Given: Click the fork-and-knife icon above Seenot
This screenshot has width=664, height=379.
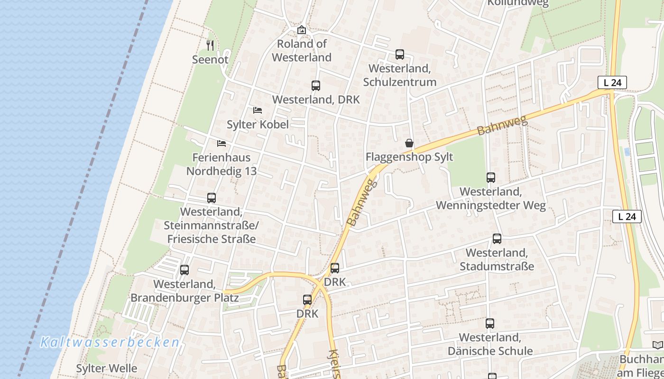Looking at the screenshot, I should tap(211, 45).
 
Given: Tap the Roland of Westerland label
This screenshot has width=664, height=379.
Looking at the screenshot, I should tap(302, 51).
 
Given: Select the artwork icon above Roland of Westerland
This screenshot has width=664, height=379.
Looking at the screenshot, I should tap(302, 30).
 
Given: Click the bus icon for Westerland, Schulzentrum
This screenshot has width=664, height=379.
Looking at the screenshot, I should tap(400, 54).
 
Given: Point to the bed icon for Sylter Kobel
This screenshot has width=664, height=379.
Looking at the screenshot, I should tap(258, 110).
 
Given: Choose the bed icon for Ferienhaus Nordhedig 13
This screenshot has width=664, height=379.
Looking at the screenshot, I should tap(221, 144).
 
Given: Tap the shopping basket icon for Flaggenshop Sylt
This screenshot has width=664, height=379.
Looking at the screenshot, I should tap(409, 143).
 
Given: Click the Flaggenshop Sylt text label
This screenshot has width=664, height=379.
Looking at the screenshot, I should tap(409, 157).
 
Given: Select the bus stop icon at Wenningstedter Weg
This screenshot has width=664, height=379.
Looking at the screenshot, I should tap(491, 178).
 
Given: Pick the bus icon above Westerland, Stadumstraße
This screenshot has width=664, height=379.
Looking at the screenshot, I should tap(497, 239).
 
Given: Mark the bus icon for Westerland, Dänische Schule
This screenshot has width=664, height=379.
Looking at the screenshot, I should tap(490, 324).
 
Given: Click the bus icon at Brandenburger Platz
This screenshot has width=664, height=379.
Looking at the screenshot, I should tap(184, 270).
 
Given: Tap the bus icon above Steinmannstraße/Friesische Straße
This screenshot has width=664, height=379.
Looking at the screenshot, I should tap(212, 198).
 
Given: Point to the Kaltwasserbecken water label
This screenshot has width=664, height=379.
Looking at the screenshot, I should tap(110, 342).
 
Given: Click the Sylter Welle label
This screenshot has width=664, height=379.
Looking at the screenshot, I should tap(107, 368).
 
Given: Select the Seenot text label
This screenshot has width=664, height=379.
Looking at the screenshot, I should tap(210, 60).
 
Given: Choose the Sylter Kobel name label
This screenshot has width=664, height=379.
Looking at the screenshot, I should tap(258, 125).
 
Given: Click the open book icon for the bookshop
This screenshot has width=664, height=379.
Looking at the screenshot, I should tap(657, 345).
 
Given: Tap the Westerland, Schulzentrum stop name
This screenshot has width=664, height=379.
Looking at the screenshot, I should tap(400, 75).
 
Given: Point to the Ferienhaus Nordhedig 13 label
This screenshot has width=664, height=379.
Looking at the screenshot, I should tap(221, 164).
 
